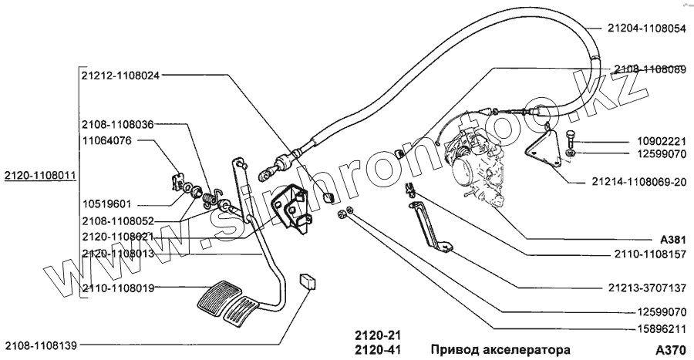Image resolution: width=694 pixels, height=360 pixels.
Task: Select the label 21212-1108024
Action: pos(120,76)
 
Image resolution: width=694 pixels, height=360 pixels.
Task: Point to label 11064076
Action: pos(106,141)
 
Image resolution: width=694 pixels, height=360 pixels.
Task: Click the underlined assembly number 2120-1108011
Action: pos(39,176)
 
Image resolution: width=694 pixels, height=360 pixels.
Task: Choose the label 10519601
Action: pos(106,204)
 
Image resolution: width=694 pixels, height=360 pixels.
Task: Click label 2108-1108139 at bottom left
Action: pos(42,345)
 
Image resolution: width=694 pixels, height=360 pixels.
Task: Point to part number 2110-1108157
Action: pos(647,254)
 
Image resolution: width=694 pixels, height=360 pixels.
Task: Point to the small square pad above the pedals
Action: pos(311,281)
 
